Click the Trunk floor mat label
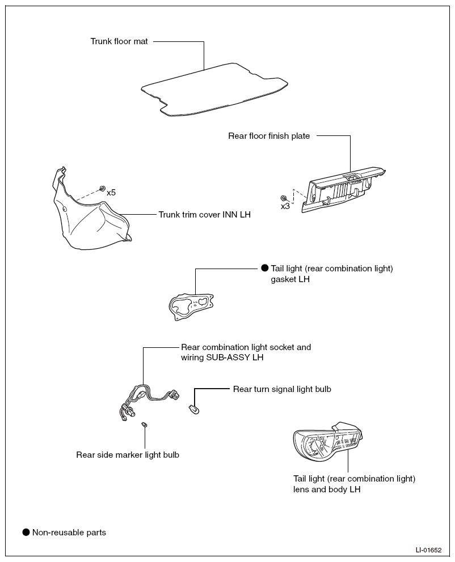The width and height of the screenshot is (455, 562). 119,41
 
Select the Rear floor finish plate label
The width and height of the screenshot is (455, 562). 269,136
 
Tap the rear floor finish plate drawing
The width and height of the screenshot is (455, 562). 343,190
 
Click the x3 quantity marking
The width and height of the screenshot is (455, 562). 285,206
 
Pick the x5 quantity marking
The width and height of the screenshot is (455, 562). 111,193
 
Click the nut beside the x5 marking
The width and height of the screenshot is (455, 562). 102,188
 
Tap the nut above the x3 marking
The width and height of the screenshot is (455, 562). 284,198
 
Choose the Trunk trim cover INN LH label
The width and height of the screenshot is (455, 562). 205,215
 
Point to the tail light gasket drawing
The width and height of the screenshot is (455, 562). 191,306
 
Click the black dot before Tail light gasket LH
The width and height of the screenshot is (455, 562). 265,268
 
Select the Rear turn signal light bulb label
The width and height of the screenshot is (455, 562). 282,389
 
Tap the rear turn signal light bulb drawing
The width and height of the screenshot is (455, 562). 194,408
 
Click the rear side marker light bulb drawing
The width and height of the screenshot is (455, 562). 145,424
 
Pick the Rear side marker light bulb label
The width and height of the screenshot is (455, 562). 128,455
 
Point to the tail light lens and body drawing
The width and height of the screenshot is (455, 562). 327,441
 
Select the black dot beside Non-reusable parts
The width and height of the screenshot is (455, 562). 26,532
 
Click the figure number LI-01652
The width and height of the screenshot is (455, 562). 428,550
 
